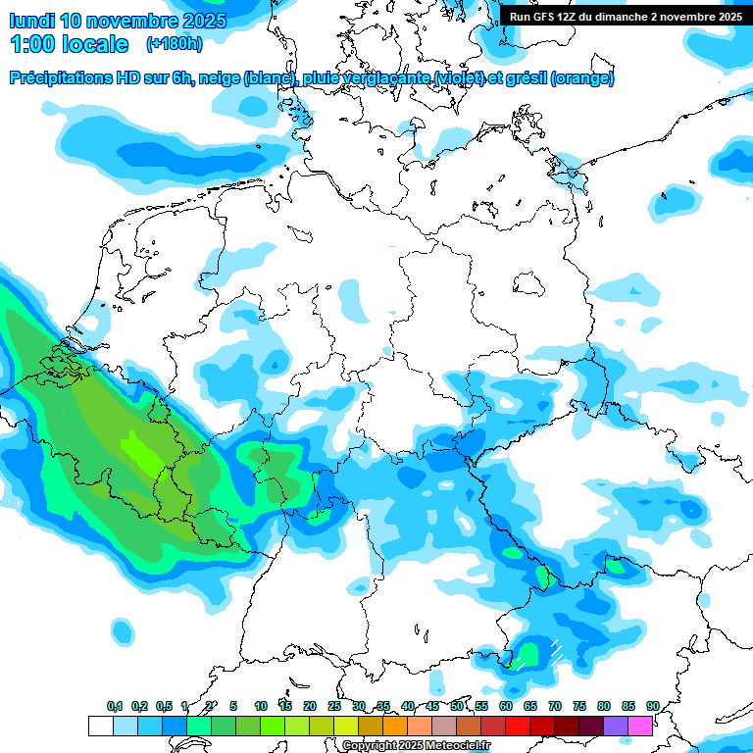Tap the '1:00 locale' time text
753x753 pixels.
pyautogui.click(x=70, y=44)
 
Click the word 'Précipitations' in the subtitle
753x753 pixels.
pyautogui.click(x=63, y=78)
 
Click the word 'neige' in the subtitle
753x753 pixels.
pyautogui.click(x=221, y=78)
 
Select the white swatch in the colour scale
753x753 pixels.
pyautogui.click(x=101, y=726)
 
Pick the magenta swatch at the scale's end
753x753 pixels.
pyautogui.click(x=640, y=726)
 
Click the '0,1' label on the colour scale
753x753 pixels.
pyautogui.click(x=115, y=707)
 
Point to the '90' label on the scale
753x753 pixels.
pyautogui.click(x=653, y=707)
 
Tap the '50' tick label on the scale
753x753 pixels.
pyautogui.click(x=457, y=707)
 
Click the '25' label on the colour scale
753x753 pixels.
pyautogui.click(x=334, y=707)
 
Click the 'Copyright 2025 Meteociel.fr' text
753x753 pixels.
pyautogui.click(x=416, y=746)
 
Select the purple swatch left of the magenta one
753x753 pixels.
pyautogui.click(x=616, y=726)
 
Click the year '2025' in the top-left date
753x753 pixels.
pyautogui.click(x=202, y=21)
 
